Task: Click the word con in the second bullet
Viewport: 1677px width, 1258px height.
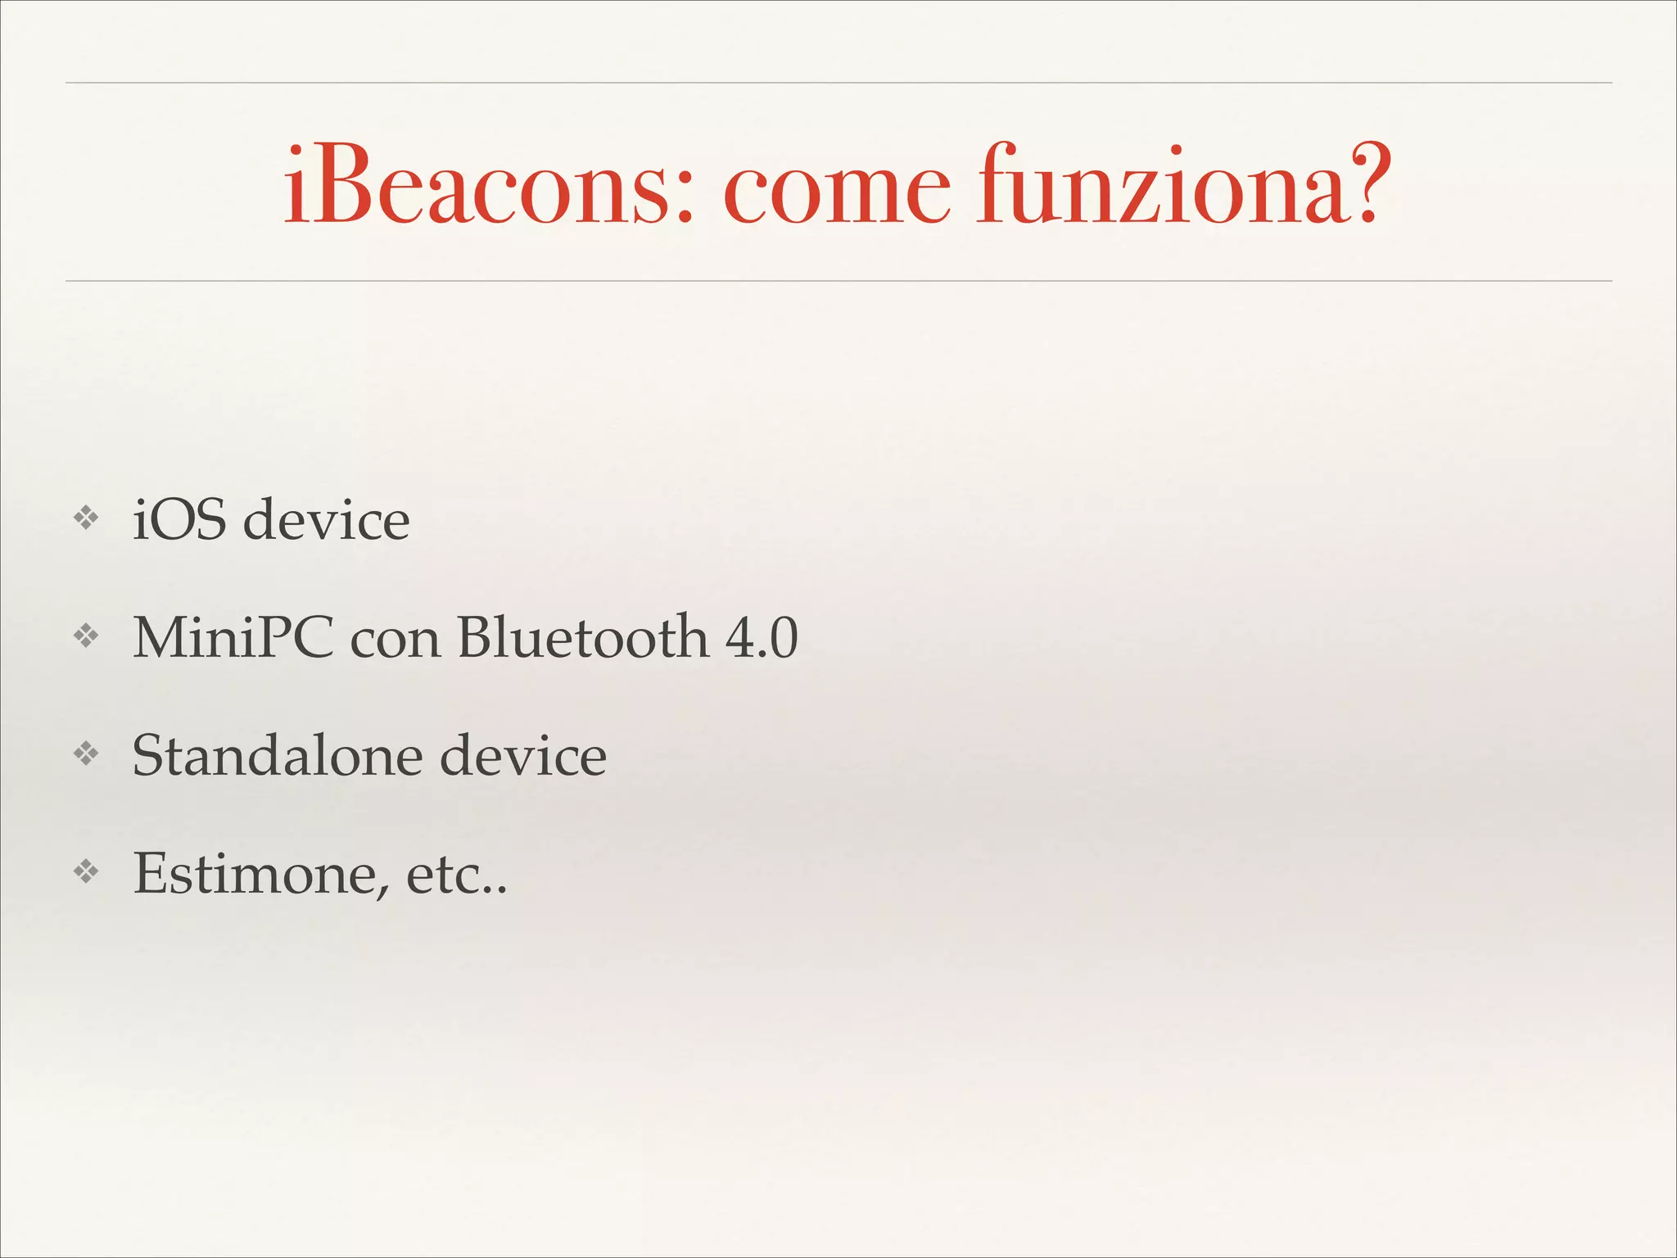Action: pos(396,641)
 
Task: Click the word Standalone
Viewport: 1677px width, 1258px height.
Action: pos(277,755)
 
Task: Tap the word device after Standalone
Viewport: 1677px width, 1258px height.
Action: pos(523,755)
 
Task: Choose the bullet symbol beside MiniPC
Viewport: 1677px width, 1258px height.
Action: pos(86,636)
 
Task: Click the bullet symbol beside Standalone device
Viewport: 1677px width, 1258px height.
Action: pos(86,753)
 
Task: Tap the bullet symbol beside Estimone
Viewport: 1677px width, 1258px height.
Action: pos(86,871)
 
